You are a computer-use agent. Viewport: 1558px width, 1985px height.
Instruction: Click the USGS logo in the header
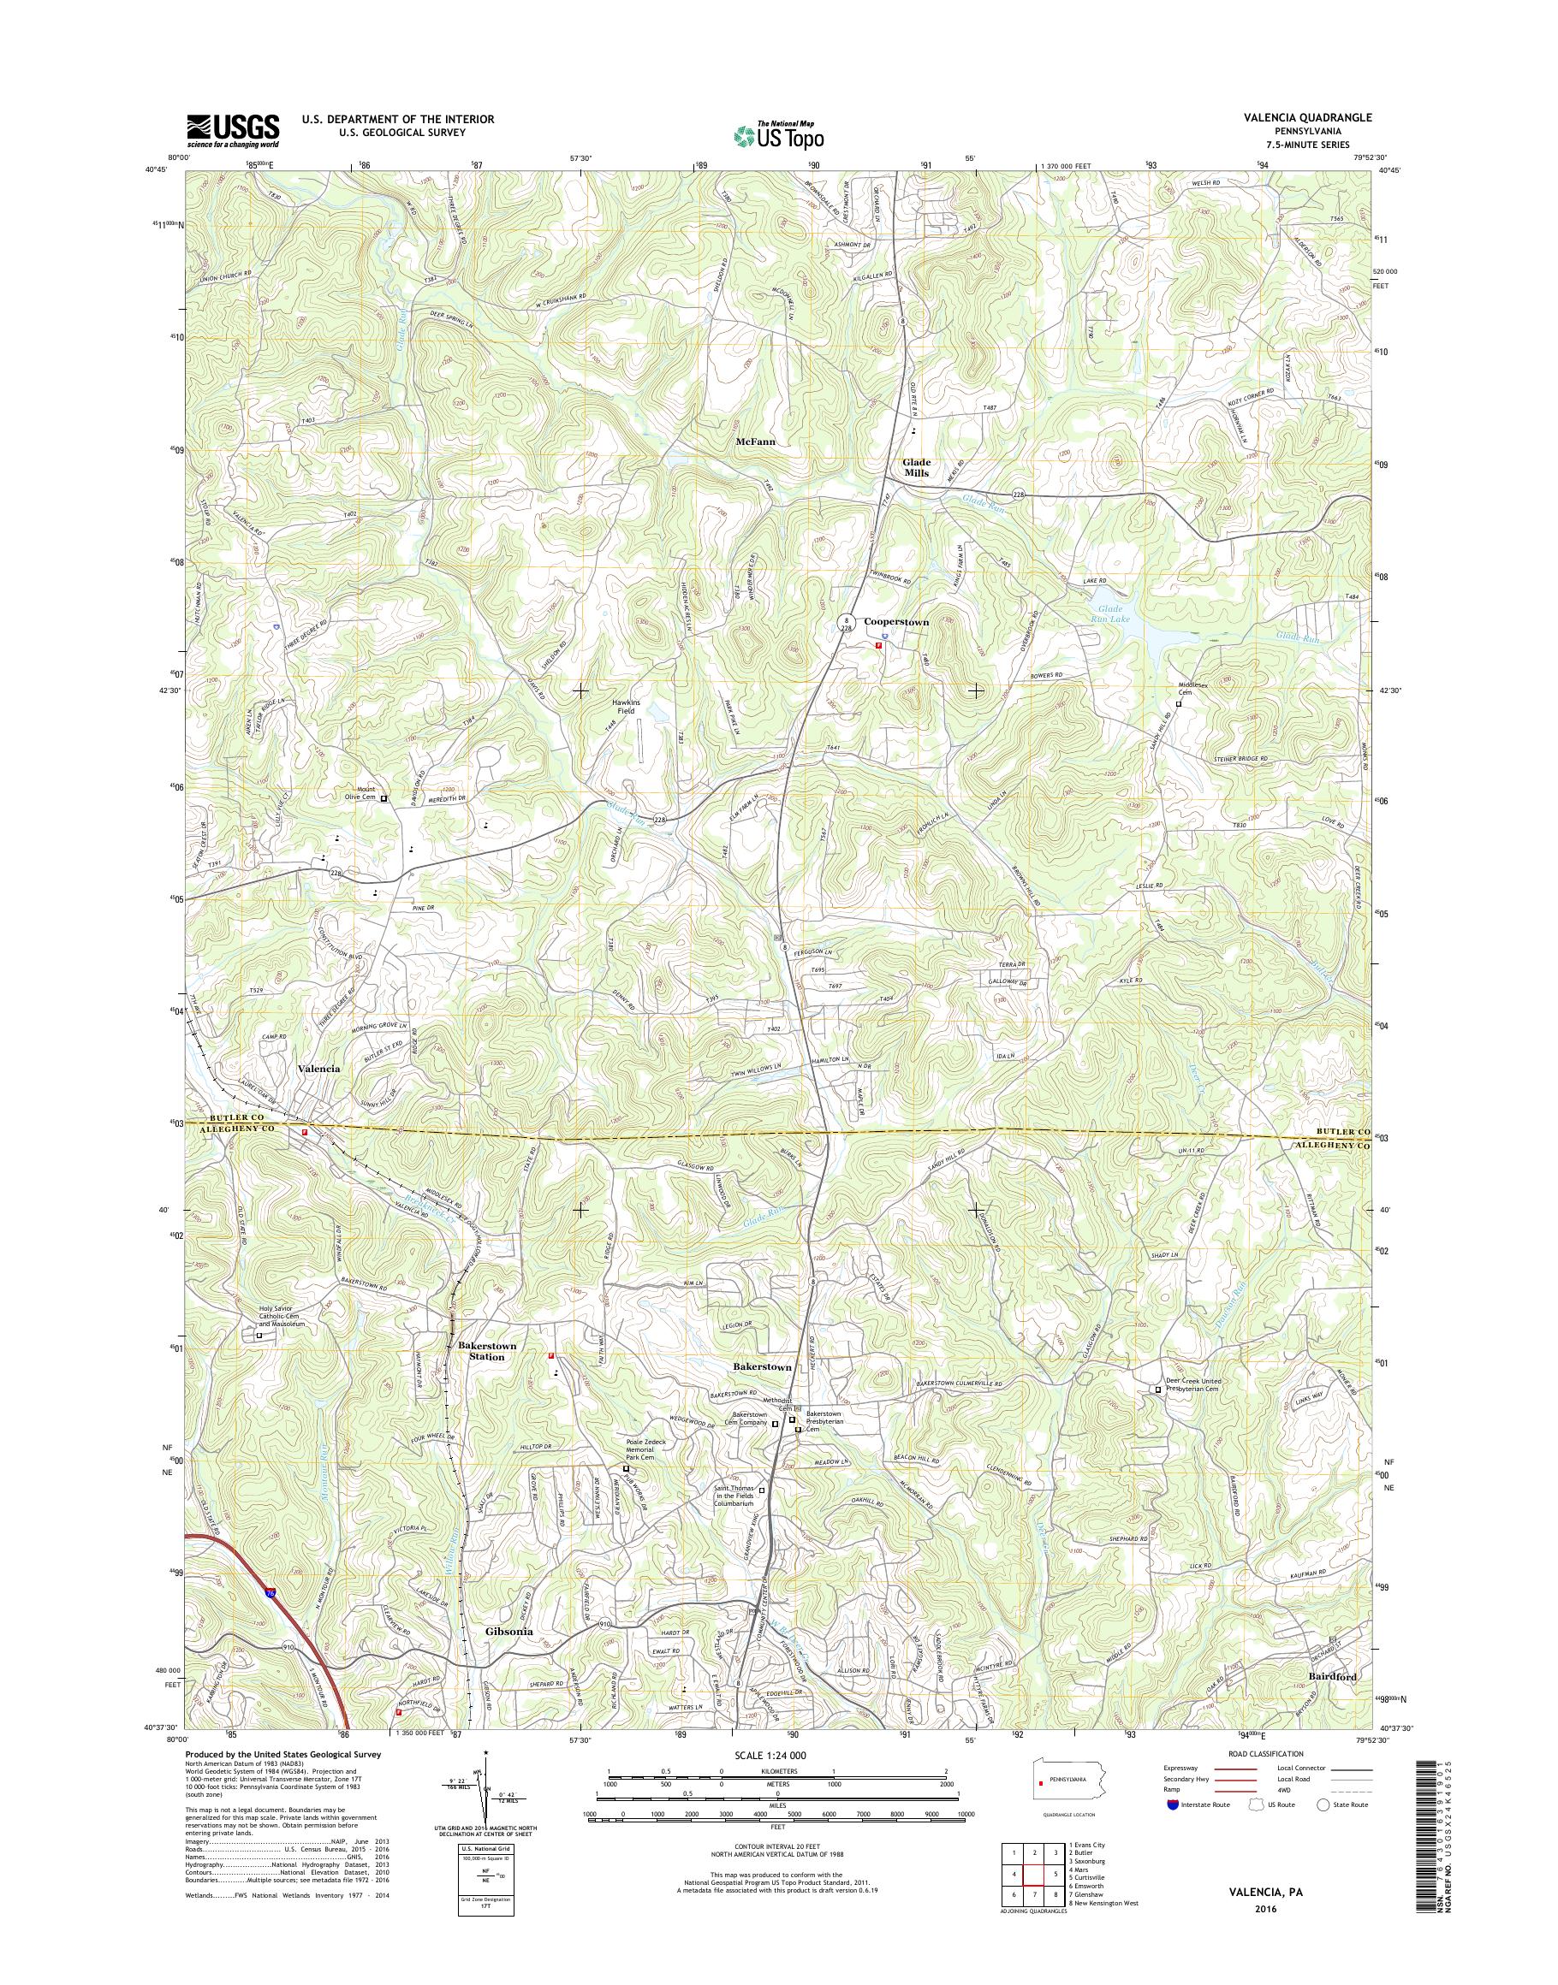coord(233,131)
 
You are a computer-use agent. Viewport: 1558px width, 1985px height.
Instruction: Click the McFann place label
coord(755,441)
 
